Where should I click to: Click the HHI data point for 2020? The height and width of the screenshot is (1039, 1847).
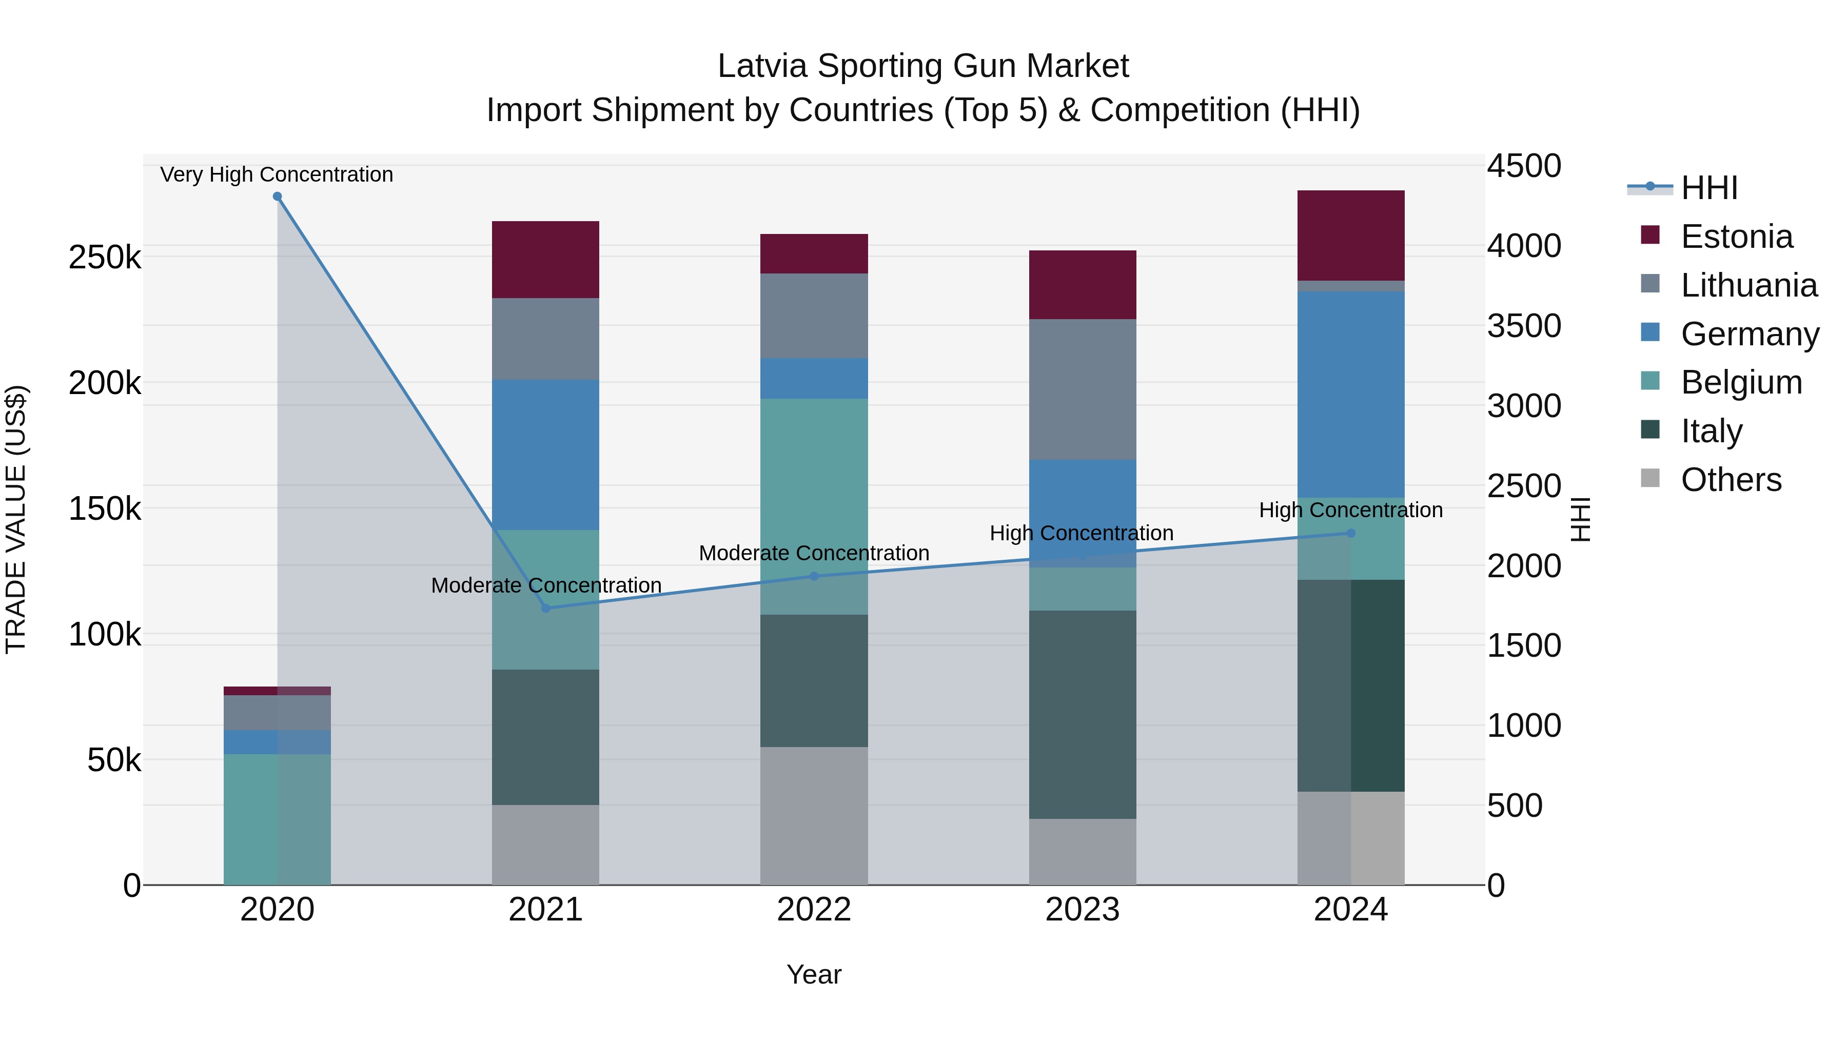[x=278, y=197]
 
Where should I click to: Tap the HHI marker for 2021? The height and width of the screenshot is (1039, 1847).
[x=546, y=608]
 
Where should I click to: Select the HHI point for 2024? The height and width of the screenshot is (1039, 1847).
[x=1351, y=534]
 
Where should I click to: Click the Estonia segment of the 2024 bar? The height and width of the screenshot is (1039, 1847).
[x=1351, y=235]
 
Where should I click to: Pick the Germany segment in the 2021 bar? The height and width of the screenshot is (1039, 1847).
[x=546, y=455]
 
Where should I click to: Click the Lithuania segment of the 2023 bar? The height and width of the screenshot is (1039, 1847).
[x=1083, y=389]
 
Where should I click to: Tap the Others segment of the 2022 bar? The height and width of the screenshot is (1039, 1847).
[x=814, y=815]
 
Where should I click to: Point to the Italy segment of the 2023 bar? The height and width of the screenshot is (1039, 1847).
[x=1083, y=714]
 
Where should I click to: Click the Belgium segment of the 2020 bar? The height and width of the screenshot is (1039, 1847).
[x=278, y=819]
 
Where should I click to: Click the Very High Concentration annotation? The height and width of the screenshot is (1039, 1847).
[x=277, y=174]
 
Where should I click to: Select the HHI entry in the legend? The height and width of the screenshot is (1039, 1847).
[x=1708, y=188]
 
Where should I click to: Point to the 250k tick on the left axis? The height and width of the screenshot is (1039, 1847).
[x=105, y=257]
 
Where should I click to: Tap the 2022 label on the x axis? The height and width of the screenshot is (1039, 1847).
[x=814, y=909]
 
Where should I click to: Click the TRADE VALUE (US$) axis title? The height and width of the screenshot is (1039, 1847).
[x=16, y=519]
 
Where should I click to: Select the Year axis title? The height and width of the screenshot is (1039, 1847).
[x=814, y=974]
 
